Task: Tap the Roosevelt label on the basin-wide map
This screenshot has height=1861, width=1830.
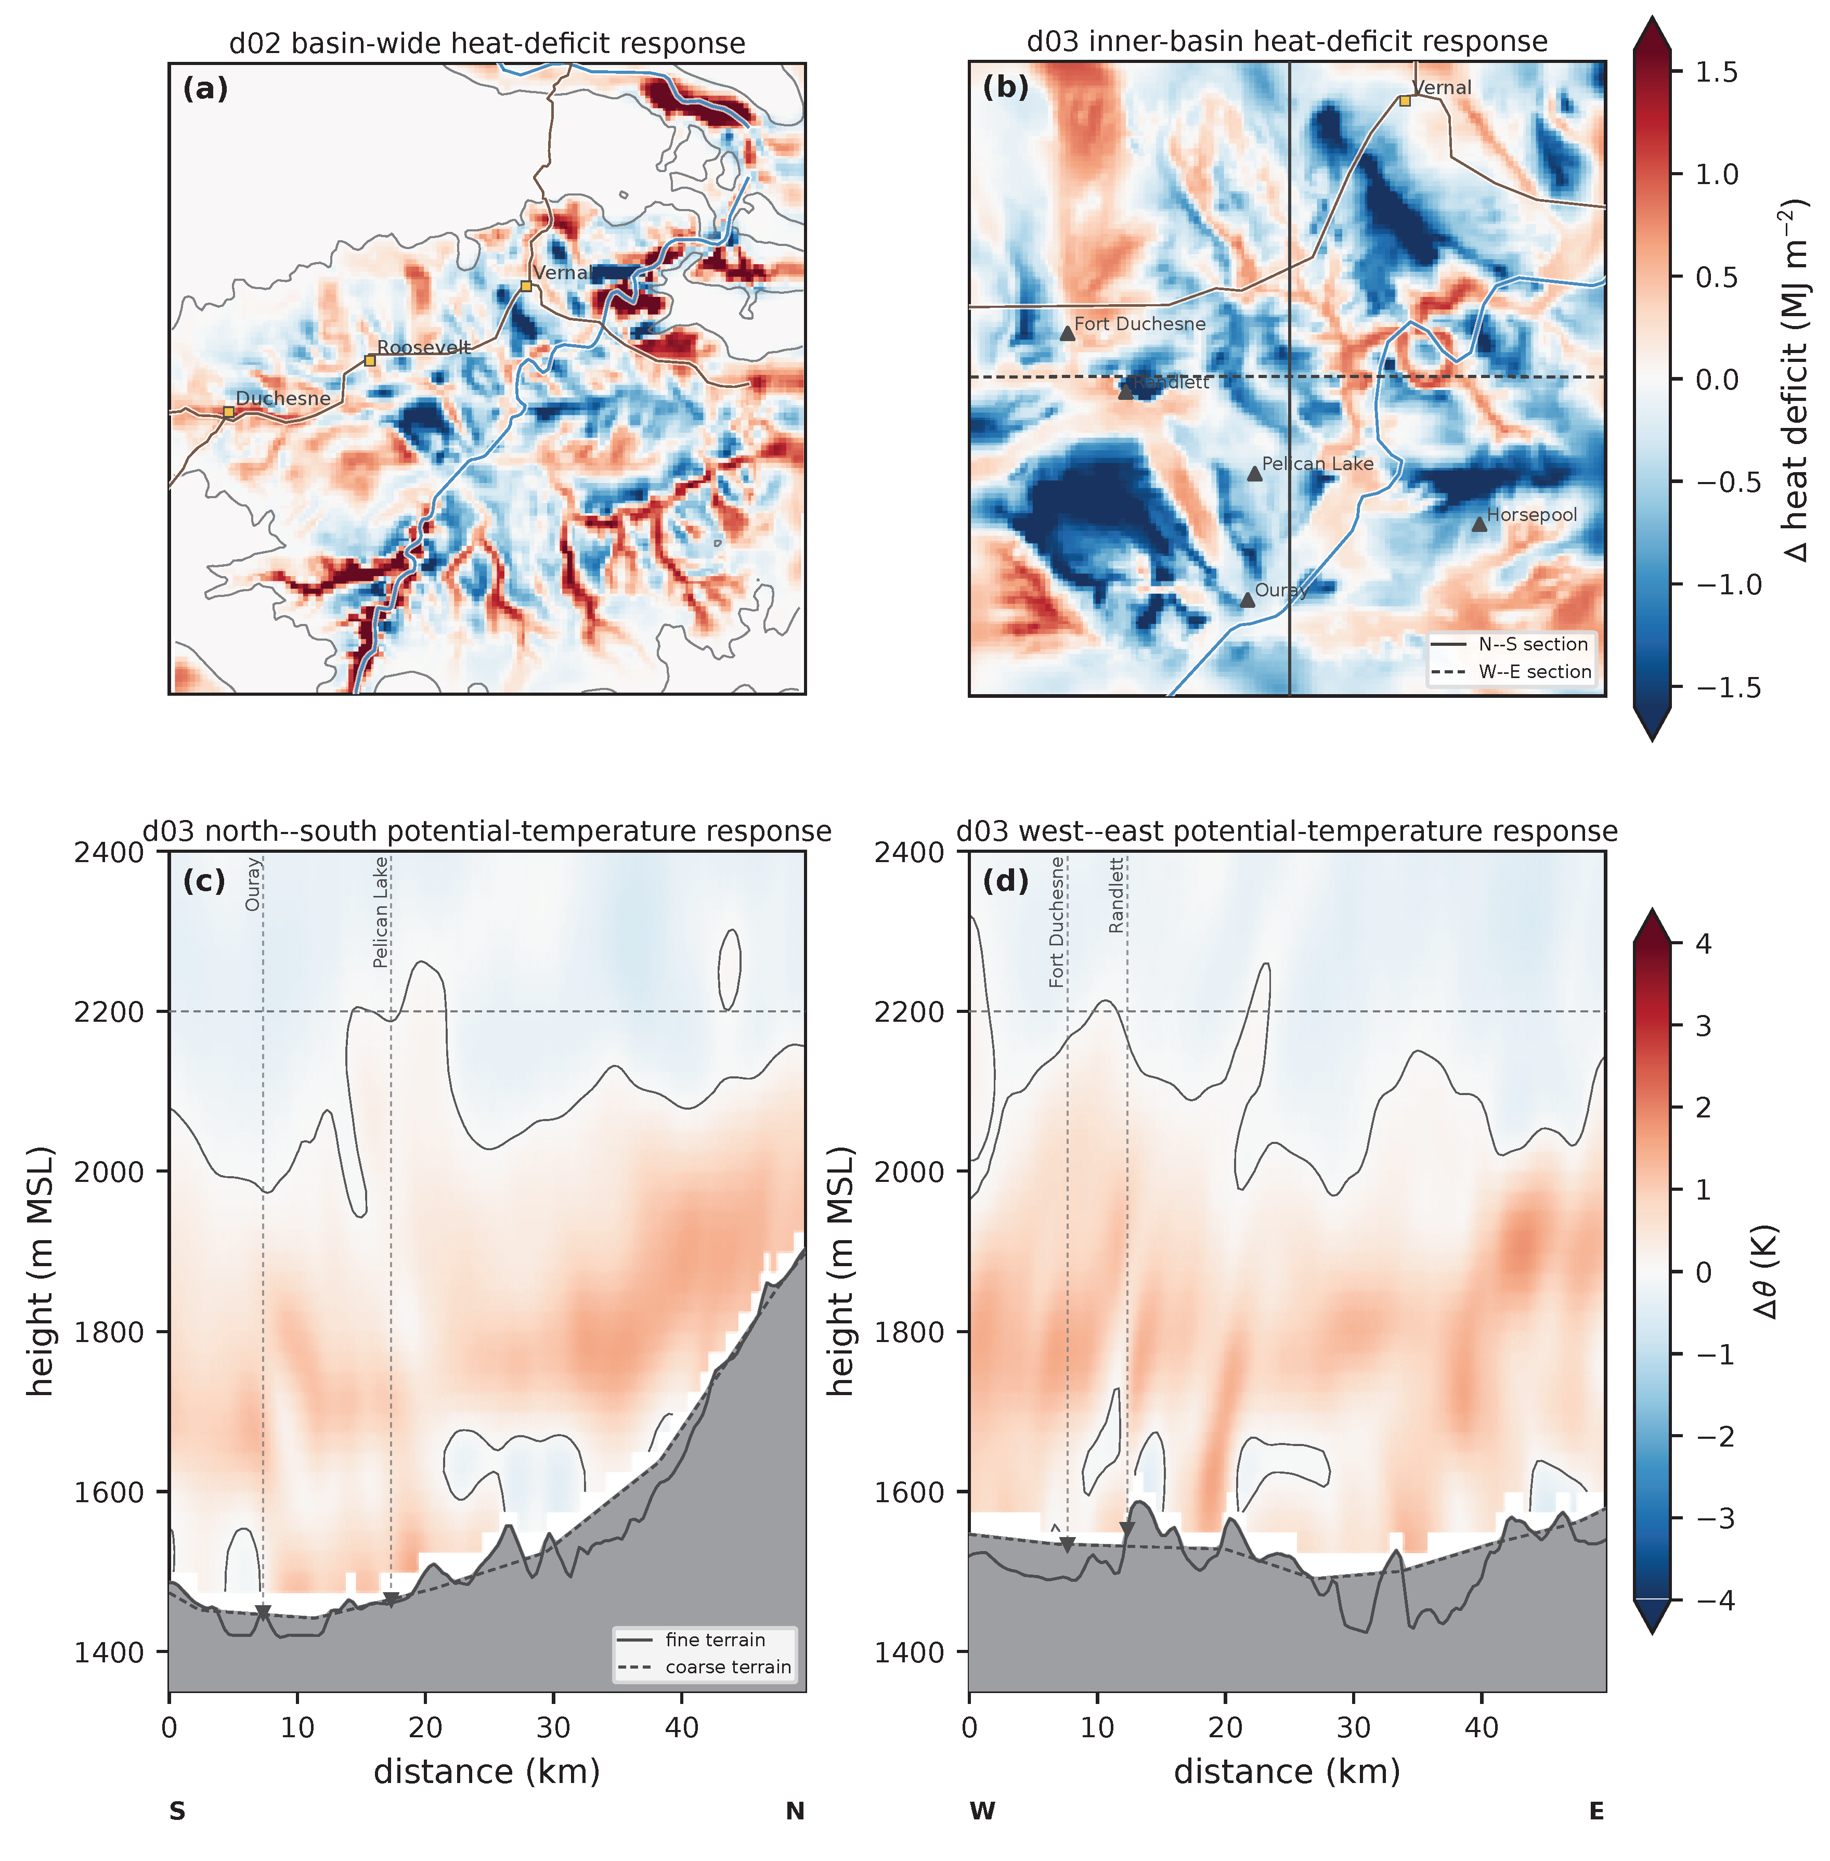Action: (x=424, y=347)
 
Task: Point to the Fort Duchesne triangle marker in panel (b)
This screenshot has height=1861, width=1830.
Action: (x=1067, y=333)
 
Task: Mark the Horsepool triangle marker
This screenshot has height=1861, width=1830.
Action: (x=1479, y=524)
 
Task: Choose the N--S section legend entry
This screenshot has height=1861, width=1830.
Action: (x=1510, y=644)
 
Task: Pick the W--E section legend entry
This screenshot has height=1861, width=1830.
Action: (x=1510, y=672)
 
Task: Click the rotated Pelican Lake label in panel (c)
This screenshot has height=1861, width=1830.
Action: (x=381, y=912)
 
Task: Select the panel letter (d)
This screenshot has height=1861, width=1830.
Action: (x=1005, y=880)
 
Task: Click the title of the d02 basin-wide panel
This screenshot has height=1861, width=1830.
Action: (x=487, y=44)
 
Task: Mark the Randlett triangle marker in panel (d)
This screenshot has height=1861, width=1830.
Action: (x=1127, y=1529)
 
